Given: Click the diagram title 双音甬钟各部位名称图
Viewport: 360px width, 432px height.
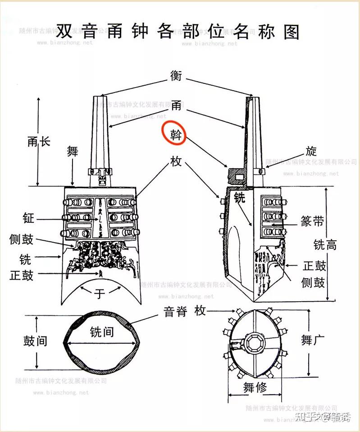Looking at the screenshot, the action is (178, 32).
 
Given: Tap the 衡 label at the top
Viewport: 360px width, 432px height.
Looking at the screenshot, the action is (176, 75).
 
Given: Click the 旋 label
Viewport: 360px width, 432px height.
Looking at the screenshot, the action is (311, 151).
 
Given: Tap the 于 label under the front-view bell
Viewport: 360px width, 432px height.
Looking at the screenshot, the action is (100, 294).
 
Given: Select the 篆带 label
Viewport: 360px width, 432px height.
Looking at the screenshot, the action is (312, 221).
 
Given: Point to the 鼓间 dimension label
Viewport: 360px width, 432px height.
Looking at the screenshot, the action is (35, 340).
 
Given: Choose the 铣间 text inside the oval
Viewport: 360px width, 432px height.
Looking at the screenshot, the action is (101, 332).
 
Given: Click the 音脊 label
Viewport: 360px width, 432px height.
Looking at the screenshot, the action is (175, 311).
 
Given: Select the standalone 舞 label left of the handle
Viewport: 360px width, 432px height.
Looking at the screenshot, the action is (72, 151).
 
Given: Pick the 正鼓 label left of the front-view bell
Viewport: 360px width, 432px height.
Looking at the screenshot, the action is (22, 275).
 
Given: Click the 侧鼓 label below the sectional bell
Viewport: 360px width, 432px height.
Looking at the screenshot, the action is (313, 282).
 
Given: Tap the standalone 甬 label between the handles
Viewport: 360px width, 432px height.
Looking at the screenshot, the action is (176, 106).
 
